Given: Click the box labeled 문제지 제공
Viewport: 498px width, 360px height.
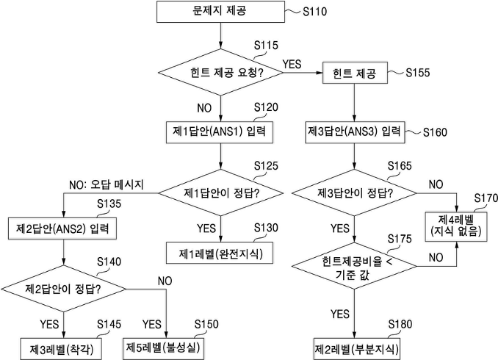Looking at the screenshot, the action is [220, 12].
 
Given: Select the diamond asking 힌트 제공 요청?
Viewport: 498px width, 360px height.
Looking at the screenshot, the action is [220, 73].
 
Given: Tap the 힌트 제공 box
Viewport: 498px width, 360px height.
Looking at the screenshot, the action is [355, 73].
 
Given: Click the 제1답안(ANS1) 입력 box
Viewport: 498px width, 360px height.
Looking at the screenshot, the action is [220, 132].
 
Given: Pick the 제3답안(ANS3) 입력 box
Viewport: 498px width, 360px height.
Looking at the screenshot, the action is [355, 132].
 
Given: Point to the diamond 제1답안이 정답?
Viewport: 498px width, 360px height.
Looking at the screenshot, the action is [220, 193].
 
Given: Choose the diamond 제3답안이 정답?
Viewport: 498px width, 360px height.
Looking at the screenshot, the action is [354, 193].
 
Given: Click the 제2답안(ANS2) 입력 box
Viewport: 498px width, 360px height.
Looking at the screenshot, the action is [62, 228].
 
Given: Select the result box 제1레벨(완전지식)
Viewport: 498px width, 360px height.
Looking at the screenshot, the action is [220, 253].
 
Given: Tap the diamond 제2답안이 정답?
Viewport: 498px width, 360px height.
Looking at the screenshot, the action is [63, 289].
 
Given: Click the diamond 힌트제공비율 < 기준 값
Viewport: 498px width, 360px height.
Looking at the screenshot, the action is [354, 266].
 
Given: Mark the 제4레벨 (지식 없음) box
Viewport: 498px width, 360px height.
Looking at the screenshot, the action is [456, 227].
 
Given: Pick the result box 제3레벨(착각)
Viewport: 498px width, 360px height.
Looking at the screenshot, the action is [61, 349].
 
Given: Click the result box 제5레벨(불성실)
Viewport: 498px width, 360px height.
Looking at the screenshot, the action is [163, 348].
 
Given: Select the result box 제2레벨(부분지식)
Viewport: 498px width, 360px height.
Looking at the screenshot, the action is [356, 349].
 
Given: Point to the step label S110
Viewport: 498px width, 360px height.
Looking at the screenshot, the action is [315, 12].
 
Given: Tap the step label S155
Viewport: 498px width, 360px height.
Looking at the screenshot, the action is [418, 73].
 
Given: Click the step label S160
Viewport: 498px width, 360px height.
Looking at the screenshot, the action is [435, 132].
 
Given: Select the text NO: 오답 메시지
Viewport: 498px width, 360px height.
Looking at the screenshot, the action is [107, 184].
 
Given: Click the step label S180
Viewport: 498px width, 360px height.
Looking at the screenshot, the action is [400, 325].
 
